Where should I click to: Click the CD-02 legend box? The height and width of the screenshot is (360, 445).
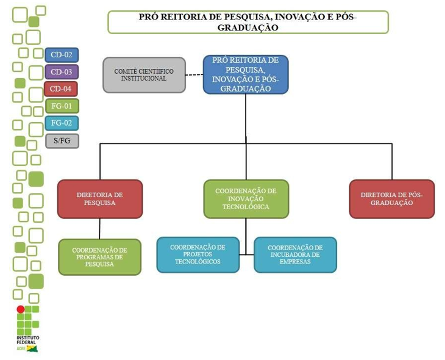pyautogui.click(x=62, y=55)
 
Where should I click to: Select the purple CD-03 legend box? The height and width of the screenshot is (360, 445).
pyautogui.click(x=62, y=72)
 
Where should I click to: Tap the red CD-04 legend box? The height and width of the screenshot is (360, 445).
pyautogui.click(x=62, y=89)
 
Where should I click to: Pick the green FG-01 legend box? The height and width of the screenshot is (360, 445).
pyautogui.click(x=62, y=106)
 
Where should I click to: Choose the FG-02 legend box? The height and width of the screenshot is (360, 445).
pyautogui.click(x=62, y=123)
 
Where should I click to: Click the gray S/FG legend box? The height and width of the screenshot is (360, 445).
pyautogui.click(x=62, y=141)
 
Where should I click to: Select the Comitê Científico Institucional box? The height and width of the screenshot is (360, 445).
pyautogui.click(x=144, y=75)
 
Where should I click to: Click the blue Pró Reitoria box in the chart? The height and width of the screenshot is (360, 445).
pyautogui.click(x=246, y=74)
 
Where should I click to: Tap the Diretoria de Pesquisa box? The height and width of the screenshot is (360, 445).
pyautogui.click(x=100, y=199)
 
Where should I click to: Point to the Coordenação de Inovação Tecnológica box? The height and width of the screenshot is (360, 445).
pyautogui.click(x=246, y=199)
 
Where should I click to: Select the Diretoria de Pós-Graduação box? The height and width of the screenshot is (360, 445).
pyautogui.click(x=391, y=199)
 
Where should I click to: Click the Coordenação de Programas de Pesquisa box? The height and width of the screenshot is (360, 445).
pyautogui.click(x=99, y=257)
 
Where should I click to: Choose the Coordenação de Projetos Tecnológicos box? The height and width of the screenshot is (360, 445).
pyautogui.click(x=198, y=254)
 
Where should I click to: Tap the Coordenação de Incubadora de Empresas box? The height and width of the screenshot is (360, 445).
pyautogui.click(x=295, y=254)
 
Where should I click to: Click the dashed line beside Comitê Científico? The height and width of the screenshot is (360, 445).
pyautogui.click(x=194, y=75)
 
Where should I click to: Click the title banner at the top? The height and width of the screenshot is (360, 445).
pyautogui.click(x=248, y=22)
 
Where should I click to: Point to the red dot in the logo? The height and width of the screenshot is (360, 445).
pyautogui.click(x=20, y=309)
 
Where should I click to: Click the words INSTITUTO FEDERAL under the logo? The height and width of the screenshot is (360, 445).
pyautogui.click(x=27, y=340)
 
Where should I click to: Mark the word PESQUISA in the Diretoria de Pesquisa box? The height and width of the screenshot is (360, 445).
pyautogui.click(x=100, y=203)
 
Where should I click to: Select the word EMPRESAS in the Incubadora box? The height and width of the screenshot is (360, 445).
pyautogui.click(x=295, y=262)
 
